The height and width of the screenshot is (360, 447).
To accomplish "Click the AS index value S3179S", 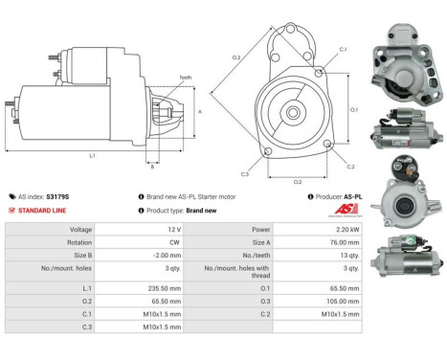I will pos(59,195).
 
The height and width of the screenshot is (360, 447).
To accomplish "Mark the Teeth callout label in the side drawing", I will pos(185,78).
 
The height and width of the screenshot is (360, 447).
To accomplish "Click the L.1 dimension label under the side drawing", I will pos(92,155).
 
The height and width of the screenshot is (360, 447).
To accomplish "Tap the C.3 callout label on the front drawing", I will pos(245,173).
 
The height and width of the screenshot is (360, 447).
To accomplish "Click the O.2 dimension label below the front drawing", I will pos(298,180).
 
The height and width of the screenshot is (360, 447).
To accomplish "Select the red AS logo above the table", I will pos(344,211).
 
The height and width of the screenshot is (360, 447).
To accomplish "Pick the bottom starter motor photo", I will pos(404,259).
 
